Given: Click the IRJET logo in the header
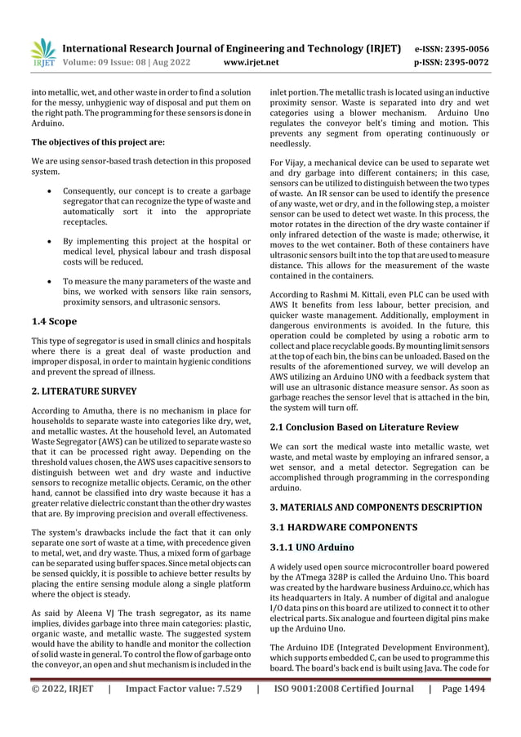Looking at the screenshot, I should [x=42, y=51].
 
